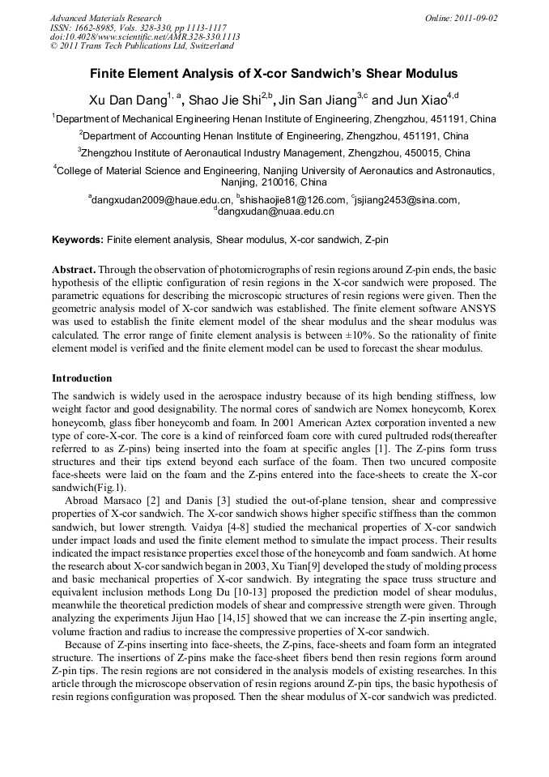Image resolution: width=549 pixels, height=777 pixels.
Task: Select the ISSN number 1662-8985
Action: (x=87, y=28)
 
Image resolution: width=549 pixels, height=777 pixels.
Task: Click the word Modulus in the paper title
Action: (x=421, y=74)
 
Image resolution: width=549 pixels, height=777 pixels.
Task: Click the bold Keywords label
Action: (x=78, y=241)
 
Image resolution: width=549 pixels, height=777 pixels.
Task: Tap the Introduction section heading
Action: (x=82, y=378)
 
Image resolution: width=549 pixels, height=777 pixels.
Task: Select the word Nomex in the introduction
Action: (x=369, y=409)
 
